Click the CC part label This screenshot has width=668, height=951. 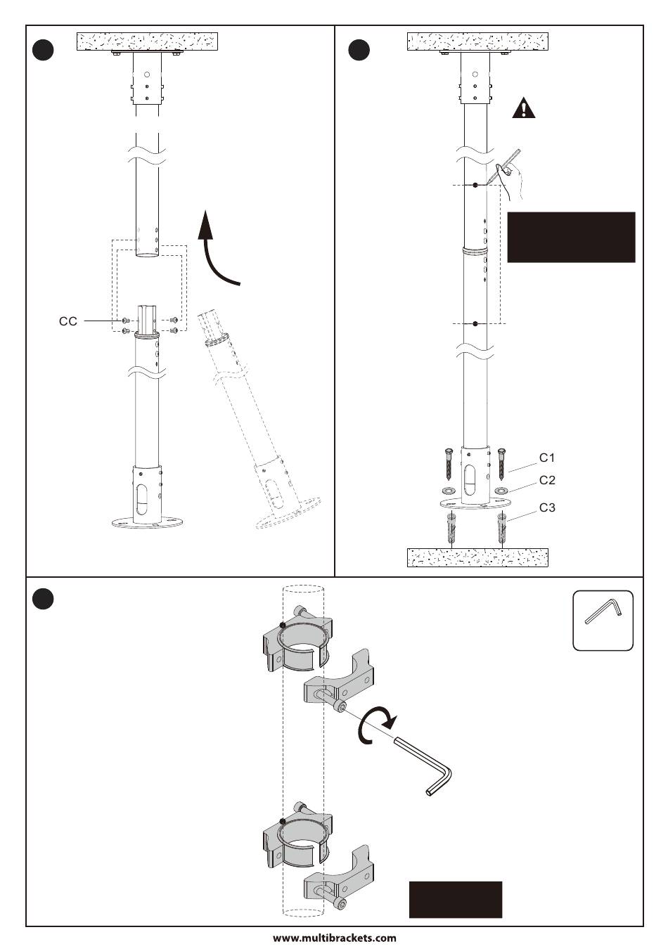pyautogui.click(x=68, y=321)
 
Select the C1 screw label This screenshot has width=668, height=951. pyautogui.click(x=547, y=458)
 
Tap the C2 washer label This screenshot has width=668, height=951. pyautogui.click(x=547, y=480)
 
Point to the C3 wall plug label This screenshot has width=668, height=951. pyautogui.click(x=547, y=507)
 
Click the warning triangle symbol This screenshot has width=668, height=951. pyautogui.click(x=524, y=108)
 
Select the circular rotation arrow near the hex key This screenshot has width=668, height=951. pyautogui.click(x=375, y=725)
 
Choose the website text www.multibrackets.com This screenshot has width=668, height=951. pyautogui.click(x=335, y=938)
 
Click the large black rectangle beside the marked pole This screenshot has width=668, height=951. pyautogui.click(x=571, y=238)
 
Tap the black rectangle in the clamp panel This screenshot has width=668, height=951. pyautogui.click(x=455, y=900)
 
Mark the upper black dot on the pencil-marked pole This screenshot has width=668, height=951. pyautogui.click(x=475, y=185)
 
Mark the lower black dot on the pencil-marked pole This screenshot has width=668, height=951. pyautogui.click(x=475, y=323)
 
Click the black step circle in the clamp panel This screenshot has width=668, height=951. pyautogui.click(x=44, y=599)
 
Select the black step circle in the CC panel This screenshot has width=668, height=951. pyautogui.click(x=44, y=50)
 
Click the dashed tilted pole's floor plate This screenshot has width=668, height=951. pyautogui.click(x=288, y=514)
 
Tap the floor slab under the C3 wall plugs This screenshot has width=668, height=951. pyautogui.click(x=477, y=557)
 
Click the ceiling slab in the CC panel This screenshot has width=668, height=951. pyautogui.click(x=148, y=41)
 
